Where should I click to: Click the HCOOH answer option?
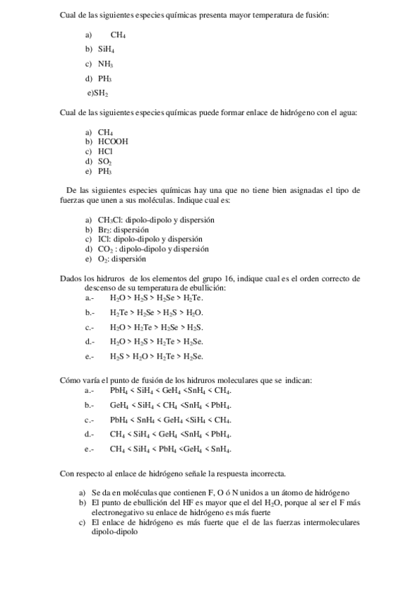coord(113,141)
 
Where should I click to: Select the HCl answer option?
coord(105,151)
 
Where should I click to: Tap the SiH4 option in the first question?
coord(106,49)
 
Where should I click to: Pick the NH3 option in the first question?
coord(105,64)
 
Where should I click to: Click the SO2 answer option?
coord(105,161)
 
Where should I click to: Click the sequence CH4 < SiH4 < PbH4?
coord(170,449)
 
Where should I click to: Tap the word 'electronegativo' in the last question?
coord(118,512)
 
